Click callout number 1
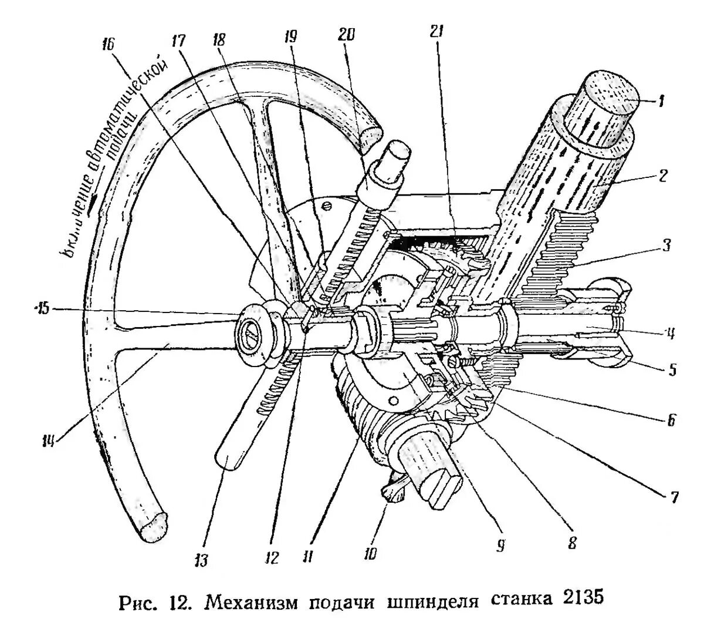[660, 102]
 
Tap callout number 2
[662, 174]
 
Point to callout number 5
[672, 370]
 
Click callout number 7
[673, 498]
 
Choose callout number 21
[435, 32]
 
